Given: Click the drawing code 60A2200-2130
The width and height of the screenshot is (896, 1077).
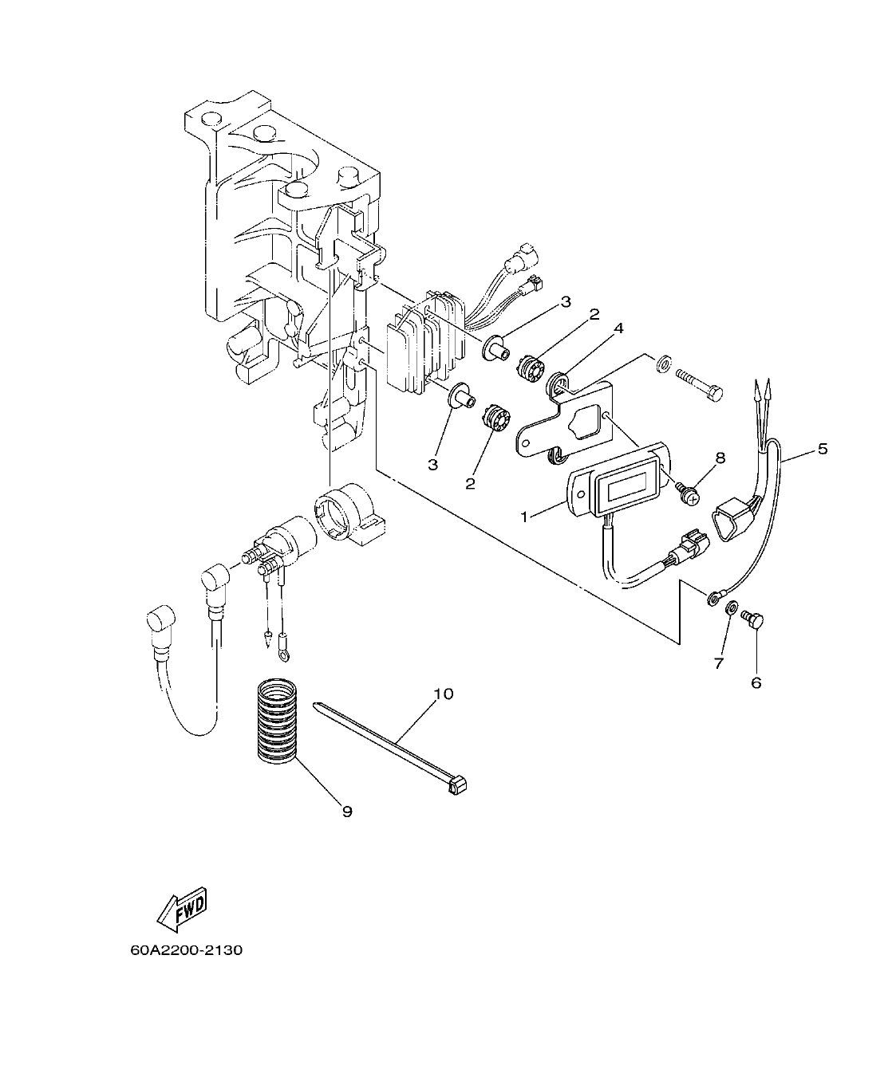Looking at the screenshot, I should click(186, 950).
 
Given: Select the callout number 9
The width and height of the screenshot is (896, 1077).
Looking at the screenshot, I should click(346, 812).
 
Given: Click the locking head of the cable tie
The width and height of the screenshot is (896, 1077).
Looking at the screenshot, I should click(458, 788).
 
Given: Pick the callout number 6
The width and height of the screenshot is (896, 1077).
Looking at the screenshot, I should click(756, 682).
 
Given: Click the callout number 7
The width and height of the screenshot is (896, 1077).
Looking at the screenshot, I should click(718, 663).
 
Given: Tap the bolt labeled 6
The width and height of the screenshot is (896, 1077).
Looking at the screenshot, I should click(752, 617).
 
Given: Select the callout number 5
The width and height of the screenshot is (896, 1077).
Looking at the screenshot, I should click(822, 449).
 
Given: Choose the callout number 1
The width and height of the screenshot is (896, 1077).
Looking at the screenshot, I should click(524, 517).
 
